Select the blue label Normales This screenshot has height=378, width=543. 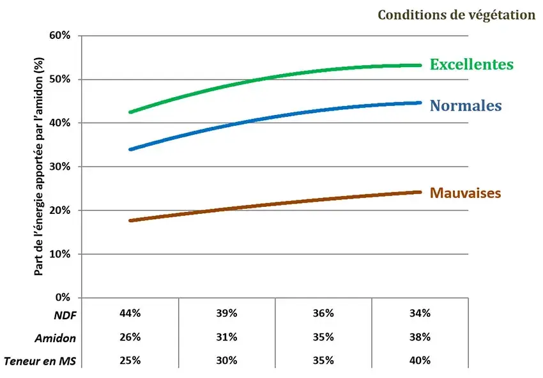[466, 106]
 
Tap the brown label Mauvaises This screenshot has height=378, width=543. [465, 192]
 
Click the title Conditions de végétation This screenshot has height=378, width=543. [456, 15]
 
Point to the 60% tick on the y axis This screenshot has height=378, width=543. [59, 35]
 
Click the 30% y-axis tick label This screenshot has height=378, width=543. [59, 167]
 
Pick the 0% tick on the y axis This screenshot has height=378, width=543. [62, 298]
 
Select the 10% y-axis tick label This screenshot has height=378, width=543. [59, 254]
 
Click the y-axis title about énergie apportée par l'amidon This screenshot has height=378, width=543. [39, 166]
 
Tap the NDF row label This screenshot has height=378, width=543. [65, 314]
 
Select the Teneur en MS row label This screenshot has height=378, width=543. [40, 361]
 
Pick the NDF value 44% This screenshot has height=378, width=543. [130, 314]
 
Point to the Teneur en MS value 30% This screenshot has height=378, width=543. [227, 360]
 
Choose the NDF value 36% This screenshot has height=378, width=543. [323, 314]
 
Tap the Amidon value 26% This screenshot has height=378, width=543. [130, 337]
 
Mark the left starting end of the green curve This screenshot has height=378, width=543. [130, 112]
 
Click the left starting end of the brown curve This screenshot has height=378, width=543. [130, 220]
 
